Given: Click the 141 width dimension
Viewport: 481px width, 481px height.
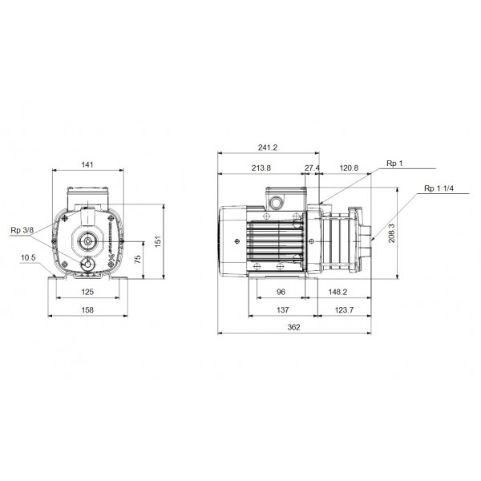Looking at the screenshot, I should coord(87,164).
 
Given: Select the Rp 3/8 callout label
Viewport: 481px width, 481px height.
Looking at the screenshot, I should coord(22,231).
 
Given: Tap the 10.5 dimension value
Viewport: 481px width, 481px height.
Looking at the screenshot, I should coord(29,257).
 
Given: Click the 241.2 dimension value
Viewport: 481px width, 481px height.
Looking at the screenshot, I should coord(269,148).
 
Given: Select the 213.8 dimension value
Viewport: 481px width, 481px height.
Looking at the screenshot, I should coord(261,168).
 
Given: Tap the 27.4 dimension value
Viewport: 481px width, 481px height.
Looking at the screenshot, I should coord(313,168).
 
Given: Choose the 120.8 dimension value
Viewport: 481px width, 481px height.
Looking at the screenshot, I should coord(349,168).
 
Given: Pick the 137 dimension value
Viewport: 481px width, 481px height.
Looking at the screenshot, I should coord(281,309).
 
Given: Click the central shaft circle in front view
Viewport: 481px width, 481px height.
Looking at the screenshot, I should coord(87,239).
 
